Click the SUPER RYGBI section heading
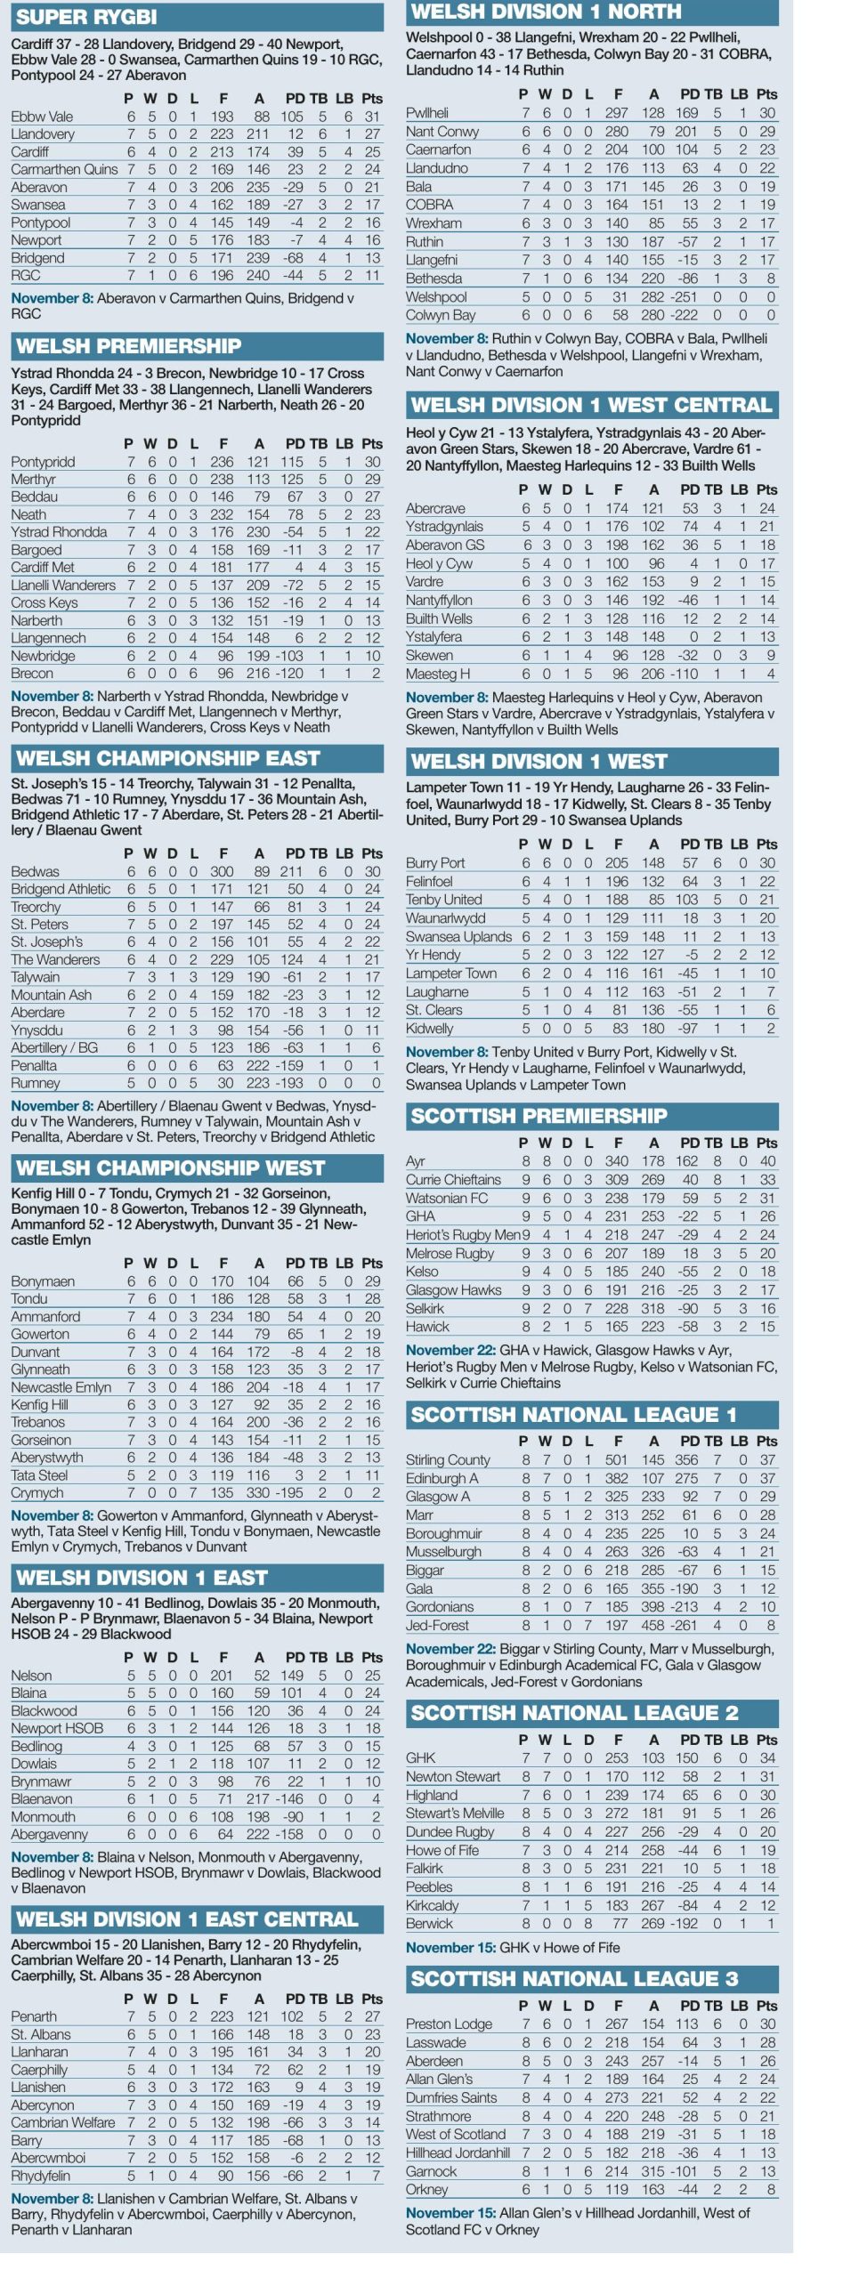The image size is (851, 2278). tap(86, 17)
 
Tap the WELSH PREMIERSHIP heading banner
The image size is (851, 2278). tap(129, 346)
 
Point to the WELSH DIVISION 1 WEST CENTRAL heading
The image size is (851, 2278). tap(591, 405)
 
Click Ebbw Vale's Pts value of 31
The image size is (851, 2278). tap(372, 117)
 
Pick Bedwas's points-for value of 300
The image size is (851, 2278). tap(222, 872)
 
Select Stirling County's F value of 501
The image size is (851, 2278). tap(616, 1459)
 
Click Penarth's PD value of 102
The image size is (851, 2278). tap(292, 2016)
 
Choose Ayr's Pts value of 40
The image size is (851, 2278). tap(767, 1161)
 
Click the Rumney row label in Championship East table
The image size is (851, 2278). tap(36, 1084)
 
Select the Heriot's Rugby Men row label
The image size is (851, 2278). tap(463, 1235)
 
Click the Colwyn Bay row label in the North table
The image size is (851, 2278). tap(441, 315)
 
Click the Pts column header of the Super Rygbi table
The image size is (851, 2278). tap(372, 99)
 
